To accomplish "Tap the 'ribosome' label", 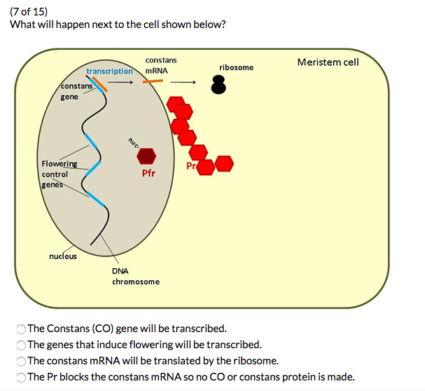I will pyautogui.click(x=236, y=67).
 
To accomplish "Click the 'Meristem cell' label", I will pyautogui.click(x=328, y=62).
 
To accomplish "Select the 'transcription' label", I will pyautogui.click(x=109, y=71).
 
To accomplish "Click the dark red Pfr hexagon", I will pyautogui.click(x=146, y=156).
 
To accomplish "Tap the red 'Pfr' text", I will pyautogui.click(x=148, y=173).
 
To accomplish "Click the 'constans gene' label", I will pyautogui.click(x=76, y=91).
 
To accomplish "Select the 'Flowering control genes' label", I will pyautogui.click(x=59, y=174).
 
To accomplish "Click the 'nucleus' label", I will pyautogui.click(x=63, y=256).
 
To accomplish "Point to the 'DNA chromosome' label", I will pyautogui.click(x=135, y=276).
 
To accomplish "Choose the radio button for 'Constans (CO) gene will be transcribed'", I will pyautogui.click(x=21, y=329).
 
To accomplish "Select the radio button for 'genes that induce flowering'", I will pyautogui.click(x=21, y=345).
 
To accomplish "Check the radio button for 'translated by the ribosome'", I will pyautogui.click(x=21, y=362).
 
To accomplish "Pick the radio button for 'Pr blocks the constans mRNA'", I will pyautogui.click(x=21, y=378).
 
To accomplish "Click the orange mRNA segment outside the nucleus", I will pyautogui.click(x=153, y=82).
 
